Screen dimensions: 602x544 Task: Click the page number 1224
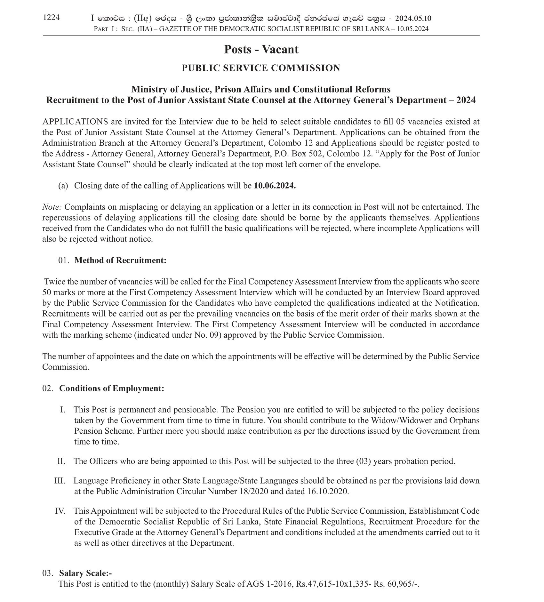click(x=51, y=18)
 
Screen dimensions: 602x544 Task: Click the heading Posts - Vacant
click(x=261, y=50)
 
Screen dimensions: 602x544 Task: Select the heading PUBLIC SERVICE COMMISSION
click(x=261, y=68)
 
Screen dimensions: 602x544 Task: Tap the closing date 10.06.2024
click(x=275, y=186)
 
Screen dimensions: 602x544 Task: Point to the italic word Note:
click(x=52, y=207)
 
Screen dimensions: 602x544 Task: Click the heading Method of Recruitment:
click(x=120, y=260)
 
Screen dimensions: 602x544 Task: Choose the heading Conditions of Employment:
click(x=112, y=388)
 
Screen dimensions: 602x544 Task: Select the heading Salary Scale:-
click(x=85, y=573)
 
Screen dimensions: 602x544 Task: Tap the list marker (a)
click(x=63, y=186)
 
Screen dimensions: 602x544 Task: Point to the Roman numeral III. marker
click(x=60, y=481)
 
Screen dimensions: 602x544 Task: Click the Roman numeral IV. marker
click(x=60, y=511)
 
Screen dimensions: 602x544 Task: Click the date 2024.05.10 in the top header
click(x=413, y=19)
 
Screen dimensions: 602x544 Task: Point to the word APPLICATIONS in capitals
click(x=75, y=122)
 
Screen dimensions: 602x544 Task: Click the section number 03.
click(x=48, y=573)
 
